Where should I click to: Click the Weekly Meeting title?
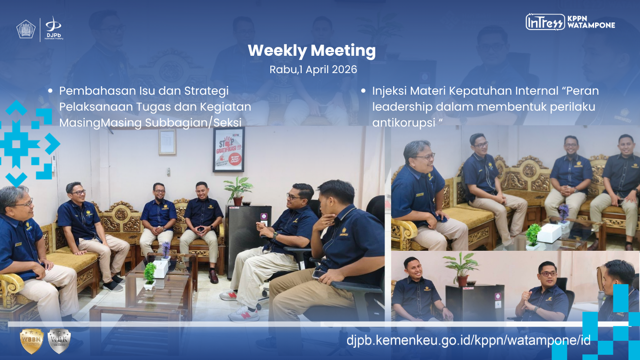(312, 51)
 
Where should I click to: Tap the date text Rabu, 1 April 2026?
(313, 69)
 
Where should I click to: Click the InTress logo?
(545, 22)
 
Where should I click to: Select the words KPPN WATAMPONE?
(591, 22)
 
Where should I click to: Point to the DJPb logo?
(54, 28)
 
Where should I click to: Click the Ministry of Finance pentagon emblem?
(26, 29)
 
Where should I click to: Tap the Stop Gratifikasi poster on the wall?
(229, 150)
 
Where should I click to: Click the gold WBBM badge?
(32, 341)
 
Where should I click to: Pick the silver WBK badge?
(59, 341)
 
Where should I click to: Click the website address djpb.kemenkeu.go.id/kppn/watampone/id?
(469, 340)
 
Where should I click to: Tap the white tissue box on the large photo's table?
(160, 269)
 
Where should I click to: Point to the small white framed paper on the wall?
(167, 142)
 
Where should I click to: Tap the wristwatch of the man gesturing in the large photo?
(275, 236)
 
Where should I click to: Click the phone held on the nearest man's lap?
(320, 275)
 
